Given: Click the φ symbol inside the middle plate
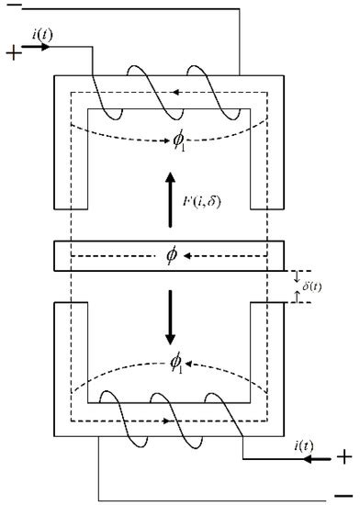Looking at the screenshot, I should click(171, 254).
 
